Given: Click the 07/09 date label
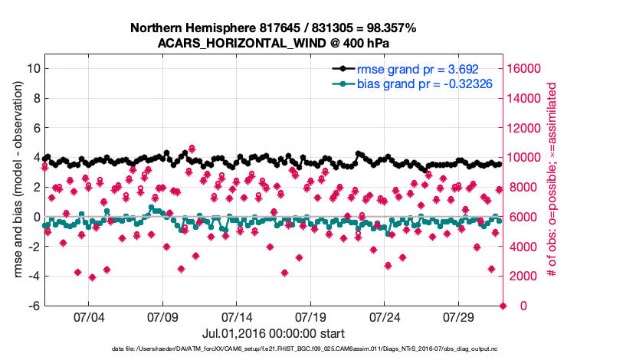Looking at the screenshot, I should (162, 317).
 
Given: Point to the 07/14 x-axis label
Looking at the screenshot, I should (237, 317).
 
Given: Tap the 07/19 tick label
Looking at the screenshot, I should (310, 317).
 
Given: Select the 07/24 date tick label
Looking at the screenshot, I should (385, 317).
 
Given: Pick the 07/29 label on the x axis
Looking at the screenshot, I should (459, 317).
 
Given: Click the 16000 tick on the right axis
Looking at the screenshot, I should (523, 68).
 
